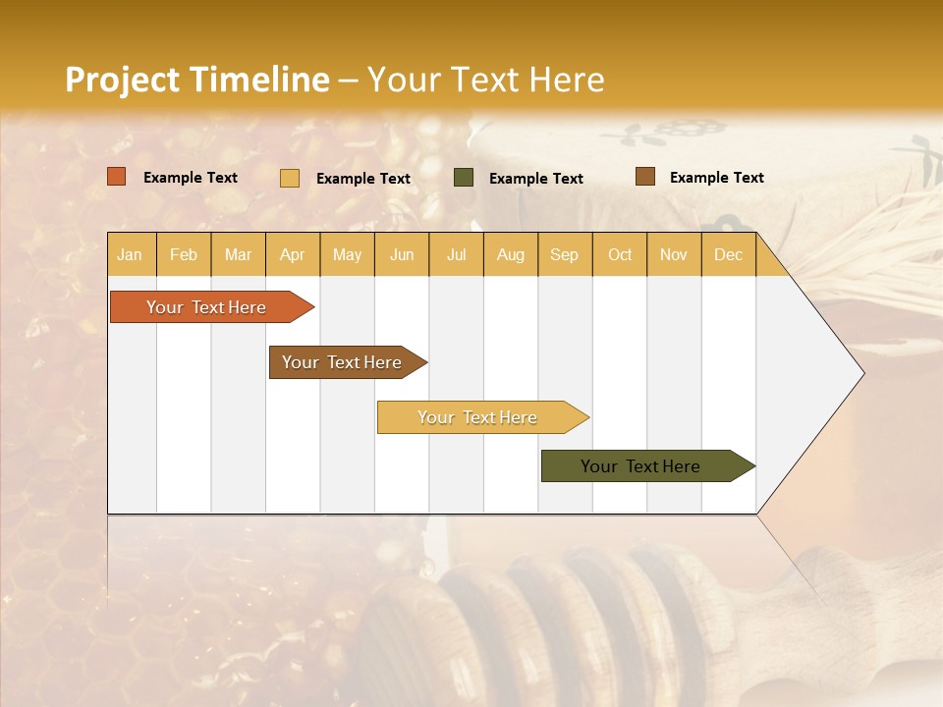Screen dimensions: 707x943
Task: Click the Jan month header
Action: [x=131, y=255]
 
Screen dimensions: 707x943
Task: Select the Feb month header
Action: [x=184, y=255]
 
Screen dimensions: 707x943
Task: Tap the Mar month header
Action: [x=239, y=255]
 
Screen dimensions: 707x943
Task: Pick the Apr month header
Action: [x=293, y=255]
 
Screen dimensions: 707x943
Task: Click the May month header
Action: [x=347, y=255]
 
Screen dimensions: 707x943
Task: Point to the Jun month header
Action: [x=402, y=255]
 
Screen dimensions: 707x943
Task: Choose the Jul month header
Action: [x=457, y=255]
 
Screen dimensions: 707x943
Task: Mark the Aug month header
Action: [x=511, y=255]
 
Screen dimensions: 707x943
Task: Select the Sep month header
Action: [x=565, y=255]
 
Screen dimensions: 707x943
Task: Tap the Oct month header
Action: [x=620, y=255]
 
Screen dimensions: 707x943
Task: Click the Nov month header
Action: [x=674, y=255]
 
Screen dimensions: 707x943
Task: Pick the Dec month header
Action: [x=729, y=255]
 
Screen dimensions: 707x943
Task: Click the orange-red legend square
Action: [x=117, y=177]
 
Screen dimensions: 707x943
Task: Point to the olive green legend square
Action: [x=464, y=178]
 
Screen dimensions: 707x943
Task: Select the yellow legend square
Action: [x=290, y=178]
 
